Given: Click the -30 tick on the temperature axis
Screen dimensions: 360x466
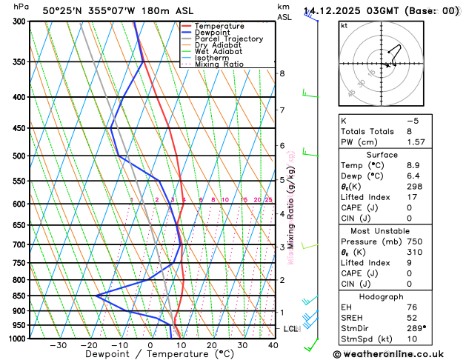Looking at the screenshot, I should point(58,344).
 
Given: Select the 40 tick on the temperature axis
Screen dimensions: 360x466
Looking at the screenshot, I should point(273,344).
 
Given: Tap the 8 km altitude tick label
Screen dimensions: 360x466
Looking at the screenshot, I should point(282,73).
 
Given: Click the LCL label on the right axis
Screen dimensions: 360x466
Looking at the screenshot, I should point(291,328).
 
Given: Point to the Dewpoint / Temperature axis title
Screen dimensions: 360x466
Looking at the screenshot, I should point(149,354).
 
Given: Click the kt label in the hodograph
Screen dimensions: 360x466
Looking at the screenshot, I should point(344,25).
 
